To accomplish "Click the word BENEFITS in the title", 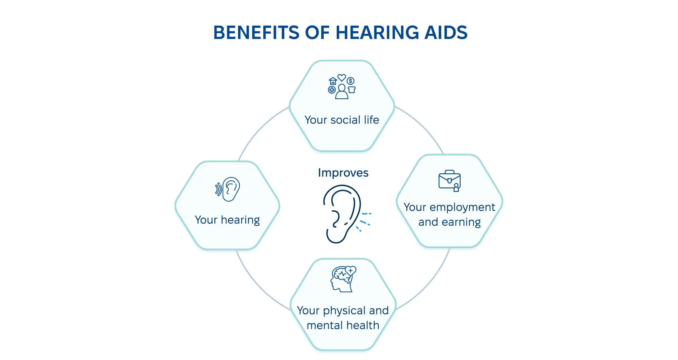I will [256, 33].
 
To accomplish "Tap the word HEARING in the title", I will [377, 33].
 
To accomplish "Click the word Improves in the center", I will [343, 173].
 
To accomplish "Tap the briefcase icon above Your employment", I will [449, 180].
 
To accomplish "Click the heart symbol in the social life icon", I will [342, 77].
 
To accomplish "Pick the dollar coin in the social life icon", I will [351, 81].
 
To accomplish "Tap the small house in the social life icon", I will [333, 81].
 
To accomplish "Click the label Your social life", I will [342, 120].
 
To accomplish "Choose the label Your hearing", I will [227, 220].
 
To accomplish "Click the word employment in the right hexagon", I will [462, 208].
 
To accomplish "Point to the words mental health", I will [343, 326].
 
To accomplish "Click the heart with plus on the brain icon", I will [351, 270].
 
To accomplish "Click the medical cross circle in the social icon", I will [332, 90].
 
